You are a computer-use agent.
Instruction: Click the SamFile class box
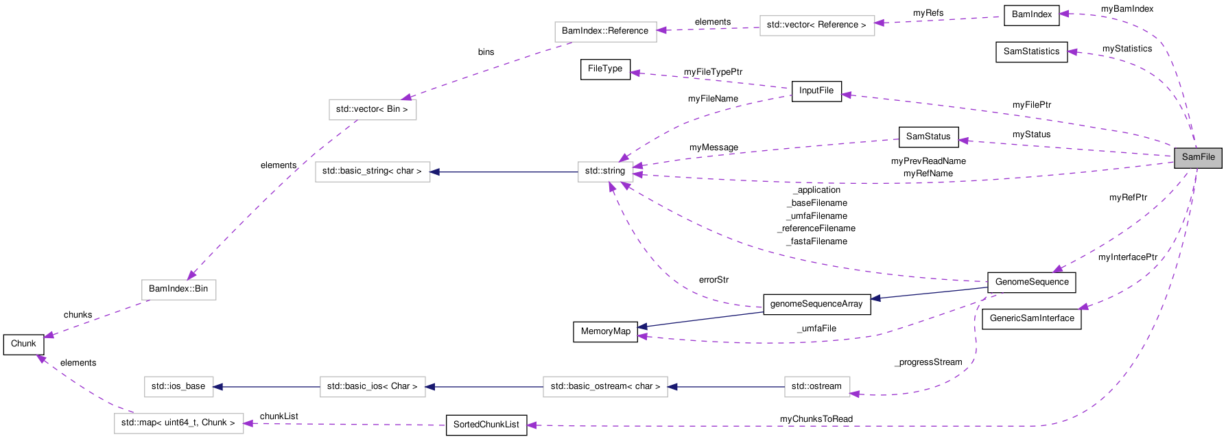pos(1198,157)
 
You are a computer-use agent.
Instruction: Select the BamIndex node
pos(1031,14)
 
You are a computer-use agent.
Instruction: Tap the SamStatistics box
pos(1031,51)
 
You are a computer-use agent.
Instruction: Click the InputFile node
pos(816,91)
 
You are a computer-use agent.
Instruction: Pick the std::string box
pos(604,171)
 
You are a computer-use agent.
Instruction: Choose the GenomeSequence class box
pos(1031,282)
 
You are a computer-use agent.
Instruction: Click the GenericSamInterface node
pos(1031,318)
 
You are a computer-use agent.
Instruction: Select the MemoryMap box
pos(605,331)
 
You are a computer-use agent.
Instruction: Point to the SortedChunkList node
pos(486,425)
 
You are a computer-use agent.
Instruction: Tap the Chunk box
pos(23,344)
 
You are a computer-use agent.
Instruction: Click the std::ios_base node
pos(178,386)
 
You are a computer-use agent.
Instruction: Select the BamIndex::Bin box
pos(178,289)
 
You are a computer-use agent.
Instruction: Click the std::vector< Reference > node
pos(816,25)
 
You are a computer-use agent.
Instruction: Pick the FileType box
pos(605,69)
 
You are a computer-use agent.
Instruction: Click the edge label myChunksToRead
pos(816,419)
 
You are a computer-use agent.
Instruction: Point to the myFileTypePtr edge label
pos(713,72)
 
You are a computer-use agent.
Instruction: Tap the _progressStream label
pos(928,362)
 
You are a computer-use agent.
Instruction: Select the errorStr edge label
pos(714,280)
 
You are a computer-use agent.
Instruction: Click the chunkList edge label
pos(279,416)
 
